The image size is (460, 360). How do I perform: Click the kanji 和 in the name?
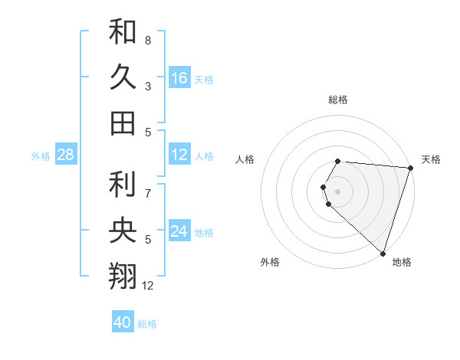tap(123, 31)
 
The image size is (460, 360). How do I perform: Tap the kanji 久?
tap(123, 77)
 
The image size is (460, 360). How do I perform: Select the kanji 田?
tap(123, 123)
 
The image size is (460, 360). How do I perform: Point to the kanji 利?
tap(123, 183)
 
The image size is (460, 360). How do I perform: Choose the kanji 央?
tap(123, 230)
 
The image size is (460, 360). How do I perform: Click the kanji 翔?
tap(123, 276)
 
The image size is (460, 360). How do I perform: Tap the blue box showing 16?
tap(179, 77)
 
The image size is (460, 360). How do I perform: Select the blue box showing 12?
tap(179, 155)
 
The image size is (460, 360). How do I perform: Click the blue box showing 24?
tap(179, 231)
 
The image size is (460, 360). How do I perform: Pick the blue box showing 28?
tap(66, 155)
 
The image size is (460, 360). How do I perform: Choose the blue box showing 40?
tap(123, 322)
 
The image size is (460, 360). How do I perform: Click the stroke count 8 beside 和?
tap(148, 40)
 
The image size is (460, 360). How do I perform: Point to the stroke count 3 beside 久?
tap(148, 86)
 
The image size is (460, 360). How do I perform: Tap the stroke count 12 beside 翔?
tap(148, 286)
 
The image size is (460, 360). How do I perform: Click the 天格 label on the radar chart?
tap(431, 159)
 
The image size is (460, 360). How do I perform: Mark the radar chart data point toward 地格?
tap(383, 252)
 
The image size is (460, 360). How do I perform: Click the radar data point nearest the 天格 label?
tap(410, 167)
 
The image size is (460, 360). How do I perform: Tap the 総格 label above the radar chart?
tap(338, 100)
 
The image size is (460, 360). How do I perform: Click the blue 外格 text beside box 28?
tap(41, 155)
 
